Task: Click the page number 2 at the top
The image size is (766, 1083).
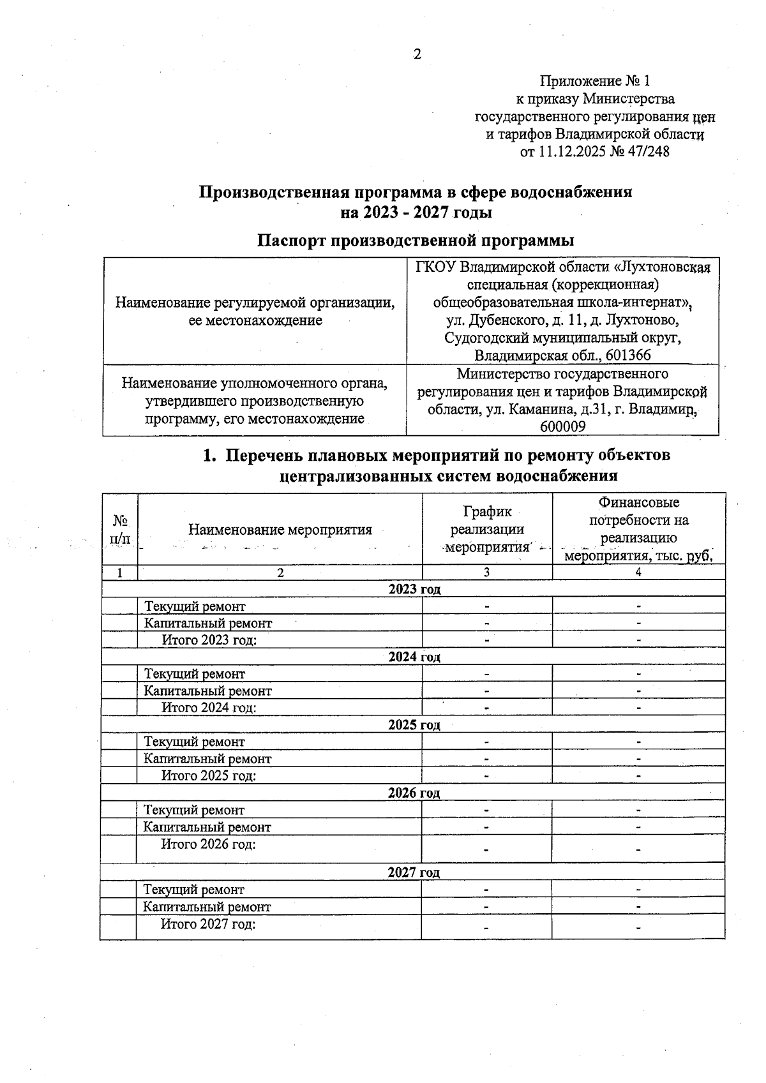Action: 417,54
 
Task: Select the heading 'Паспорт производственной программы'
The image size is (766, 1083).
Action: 416,241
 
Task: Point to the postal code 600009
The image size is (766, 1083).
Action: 562,426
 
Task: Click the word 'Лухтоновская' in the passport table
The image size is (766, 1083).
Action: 665,267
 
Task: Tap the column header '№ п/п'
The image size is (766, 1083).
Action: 119,530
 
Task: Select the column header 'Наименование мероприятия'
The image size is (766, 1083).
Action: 280,530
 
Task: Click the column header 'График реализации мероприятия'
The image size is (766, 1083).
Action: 487,530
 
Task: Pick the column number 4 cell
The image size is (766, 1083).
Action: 638,572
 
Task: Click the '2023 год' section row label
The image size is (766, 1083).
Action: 414,589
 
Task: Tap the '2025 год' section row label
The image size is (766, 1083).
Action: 414,725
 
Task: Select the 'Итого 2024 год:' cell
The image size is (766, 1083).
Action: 209,707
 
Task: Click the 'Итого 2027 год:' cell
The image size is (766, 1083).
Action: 207,924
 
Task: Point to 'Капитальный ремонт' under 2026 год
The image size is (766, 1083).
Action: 207,827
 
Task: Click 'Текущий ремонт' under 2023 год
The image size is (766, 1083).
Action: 195,606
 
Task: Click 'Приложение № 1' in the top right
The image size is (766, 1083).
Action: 594,81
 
